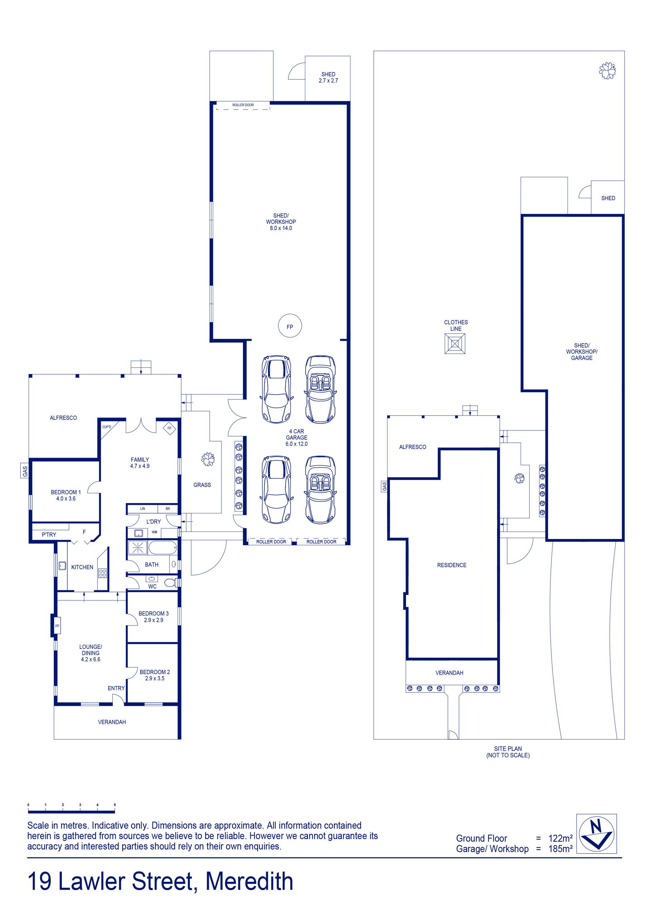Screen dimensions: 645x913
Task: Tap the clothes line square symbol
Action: [455, 344]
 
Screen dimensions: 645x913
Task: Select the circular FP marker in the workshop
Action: [290, 326]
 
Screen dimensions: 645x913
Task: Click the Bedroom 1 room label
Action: [66, 495]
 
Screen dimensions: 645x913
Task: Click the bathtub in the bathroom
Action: [163, 548]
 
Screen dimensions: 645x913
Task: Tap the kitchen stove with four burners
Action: [102, 573]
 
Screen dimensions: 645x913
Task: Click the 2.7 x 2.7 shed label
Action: [328, 77]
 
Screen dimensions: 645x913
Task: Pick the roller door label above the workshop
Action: [243, 105]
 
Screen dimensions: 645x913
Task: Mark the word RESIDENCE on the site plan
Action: [451, 565]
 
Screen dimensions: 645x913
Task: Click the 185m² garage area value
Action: [560, 848]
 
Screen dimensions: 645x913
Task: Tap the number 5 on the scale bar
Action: [115, 805]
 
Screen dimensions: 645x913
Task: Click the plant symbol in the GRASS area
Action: [208, 459]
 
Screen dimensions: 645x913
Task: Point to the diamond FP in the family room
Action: [169, 428]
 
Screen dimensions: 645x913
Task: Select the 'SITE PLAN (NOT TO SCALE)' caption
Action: [508, 752]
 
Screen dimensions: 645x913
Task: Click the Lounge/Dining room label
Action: [91, 653]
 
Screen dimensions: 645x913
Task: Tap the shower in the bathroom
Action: [138, 548]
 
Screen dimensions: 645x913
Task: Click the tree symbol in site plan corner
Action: [607, 71]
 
